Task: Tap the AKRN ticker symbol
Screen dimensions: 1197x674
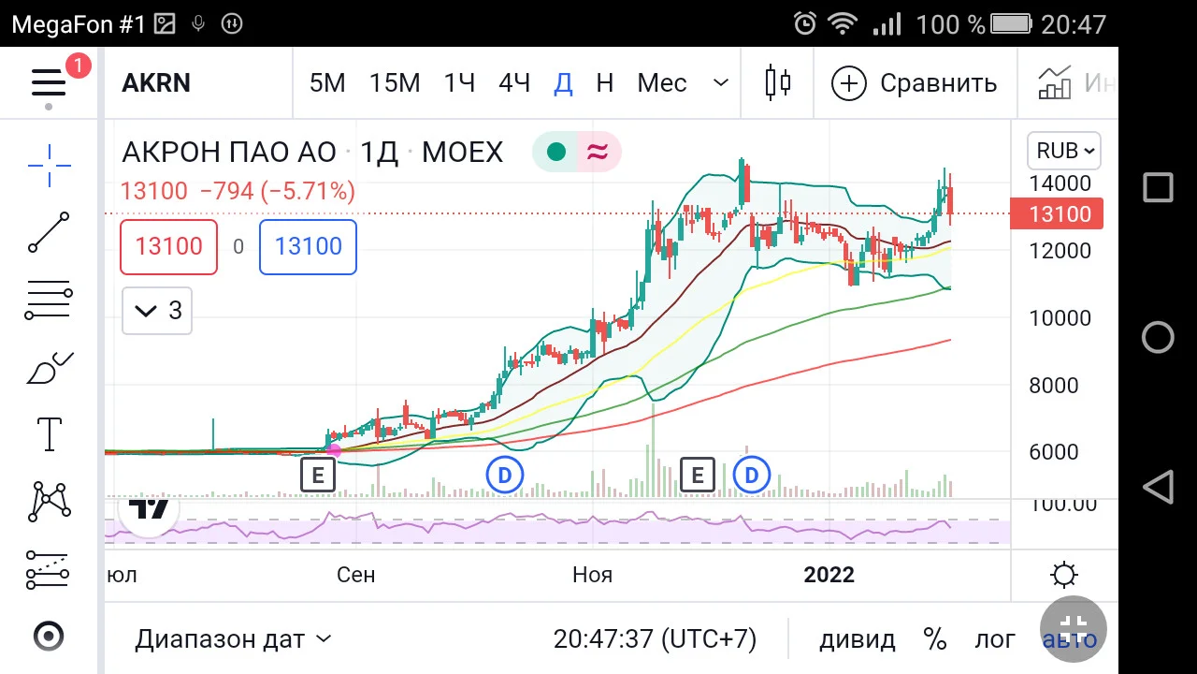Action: click(x=156, y=83)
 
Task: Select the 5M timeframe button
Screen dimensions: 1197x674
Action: click(x=327, y=83)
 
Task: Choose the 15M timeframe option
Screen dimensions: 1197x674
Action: click(x=395, y=83)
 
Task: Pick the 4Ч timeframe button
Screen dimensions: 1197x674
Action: click(x=514, y=83)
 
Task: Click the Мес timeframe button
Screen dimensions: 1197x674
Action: click(x=661, y=83)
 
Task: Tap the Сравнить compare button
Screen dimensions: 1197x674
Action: click(x=914, y=83)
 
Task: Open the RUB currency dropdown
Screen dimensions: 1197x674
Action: click(x=1064, y=151)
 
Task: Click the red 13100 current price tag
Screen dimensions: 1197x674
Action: click(x=1057, y=214)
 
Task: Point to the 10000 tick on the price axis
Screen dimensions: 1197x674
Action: click(x=1060, y=318)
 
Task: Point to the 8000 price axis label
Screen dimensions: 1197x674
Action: click(x=1054, y=386)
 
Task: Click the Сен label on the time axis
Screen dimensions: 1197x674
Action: click(x=356, y=575)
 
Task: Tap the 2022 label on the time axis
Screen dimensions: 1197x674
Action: click(x=829, y=575)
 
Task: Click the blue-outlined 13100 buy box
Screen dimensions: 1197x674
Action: click(x=308, y=246)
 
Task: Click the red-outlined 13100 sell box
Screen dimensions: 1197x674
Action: click(x=169, y=246)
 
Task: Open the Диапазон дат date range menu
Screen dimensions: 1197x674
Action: click(x=233, y=639)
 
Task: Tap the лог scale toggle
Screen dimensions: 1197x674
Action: click(x=994, y=639)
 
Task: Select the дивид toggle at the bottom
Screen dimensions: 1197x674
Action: click(x=858, y=639)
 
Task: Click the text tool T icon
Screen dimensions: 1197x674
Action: click(x=50, y=433)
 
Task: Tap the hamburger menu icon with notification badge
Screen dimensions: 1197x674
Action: click(x=50, y=83)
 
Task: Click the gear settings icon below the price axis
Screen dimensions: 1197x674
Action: click(x=1063, y=575)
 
